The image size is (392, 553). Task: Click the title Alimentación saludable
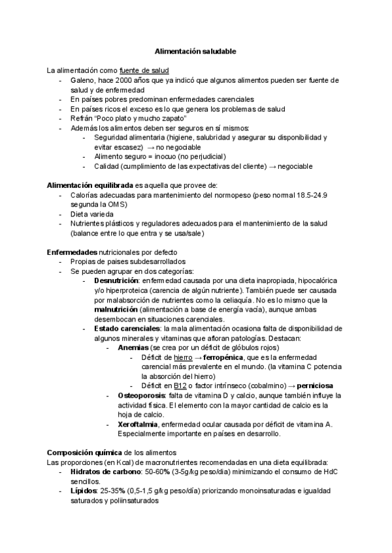pos(195,50)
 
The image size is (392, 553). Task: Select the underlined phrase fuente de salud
pos(144,70)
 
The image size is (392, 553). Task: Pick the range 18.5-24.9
pos(329,195)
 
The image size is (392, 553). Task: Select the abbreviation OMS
pos(118,204)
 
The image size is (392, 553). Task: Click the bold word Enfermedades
pos(72,252)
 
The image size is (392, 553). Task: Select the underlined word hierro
pos(183,357)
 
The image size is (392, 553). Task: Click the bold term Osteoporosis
pos(142,396)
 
